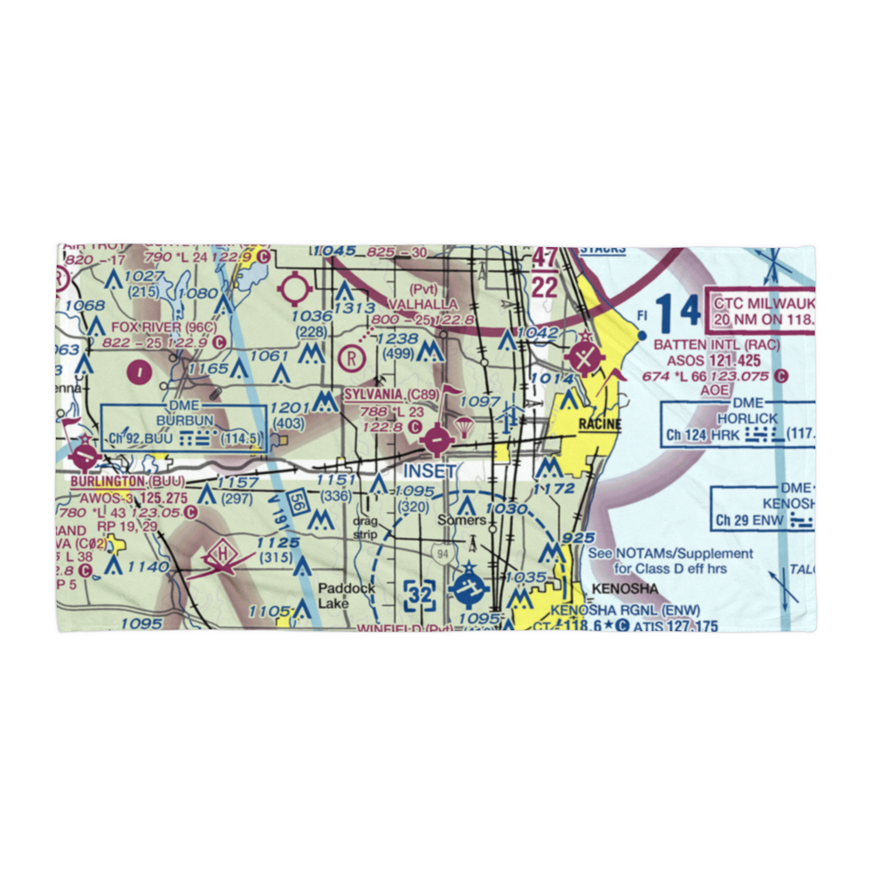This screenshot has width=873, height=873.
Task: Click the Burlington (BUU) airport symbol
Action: pos(86,456)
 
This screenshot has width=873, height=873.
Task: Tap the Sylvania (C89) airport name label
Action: pos(384,395)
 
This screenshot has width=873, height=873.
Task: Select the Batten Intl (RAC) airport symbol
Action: pos(584,357)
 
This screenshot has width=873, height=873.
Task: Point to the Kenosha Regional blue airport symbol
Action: pos(469,590)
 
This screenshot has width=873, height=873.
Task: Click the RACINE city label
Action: pos(599,424)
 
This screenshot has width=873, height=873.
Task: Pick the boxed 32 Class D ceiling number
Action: pos(420,596)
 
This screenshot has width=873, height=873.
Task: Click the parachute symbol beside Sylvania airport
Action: pos(465,428)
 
